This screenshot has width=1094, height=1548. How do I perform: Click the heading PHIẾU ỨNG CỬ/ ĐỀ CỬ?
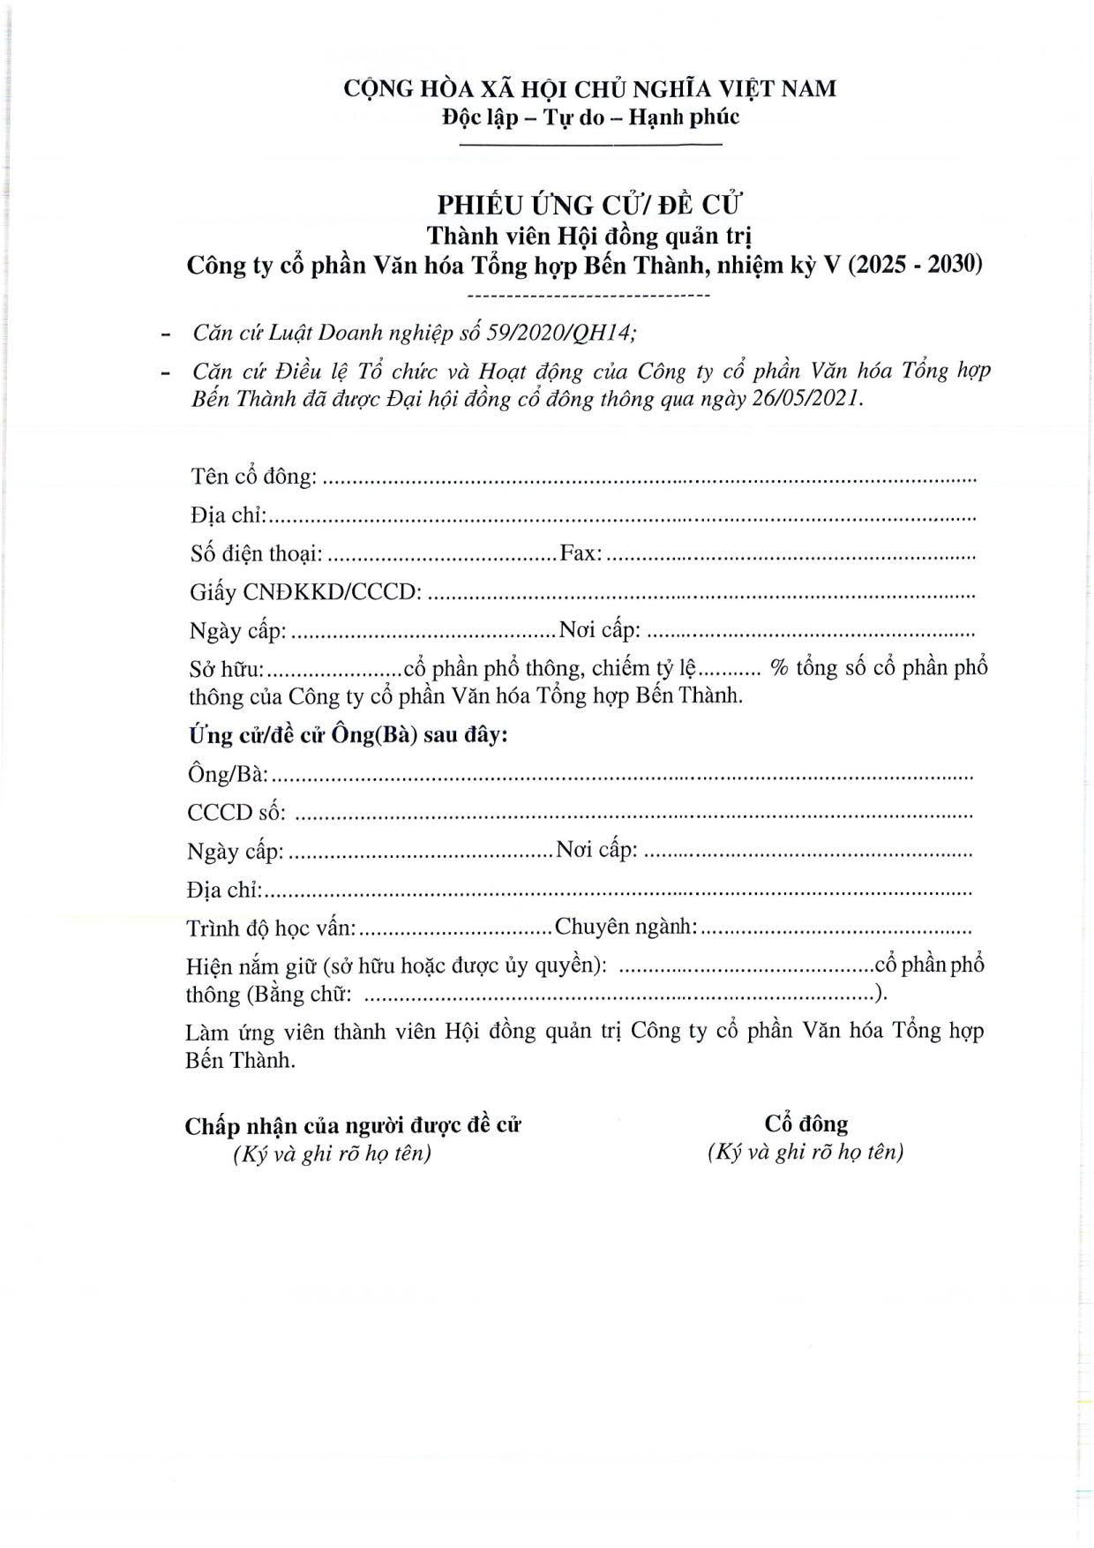point(590,205)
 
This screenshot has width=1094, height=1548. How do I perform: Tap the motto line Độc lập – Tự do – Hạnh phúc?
point(590,117)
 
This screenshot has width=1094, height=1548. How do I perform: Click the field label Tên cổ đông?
point(253,477)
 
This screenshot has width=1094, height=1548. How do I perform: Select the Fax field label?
point(581,553)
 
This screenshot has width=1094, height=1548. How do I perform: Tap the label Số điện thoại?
point(256,554)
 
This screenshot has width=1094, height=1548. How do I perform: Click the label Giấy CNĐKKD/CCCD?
point(304,592)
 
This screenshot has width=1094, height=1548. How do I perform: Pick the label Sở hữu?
point(226,669)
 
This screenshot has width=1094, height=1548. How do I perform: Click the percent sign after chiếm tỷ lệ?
point(779,668)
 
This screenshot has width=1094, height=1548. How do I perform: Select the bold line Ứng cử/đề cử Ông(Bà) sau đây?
point(348,735)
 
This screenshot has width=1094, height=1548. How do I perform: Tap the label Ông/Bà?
point(228,774)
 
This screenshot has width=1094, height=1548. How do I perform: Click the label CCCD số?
point(236,813)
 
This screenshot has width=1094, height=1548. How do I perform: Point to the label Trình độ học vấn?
point(271,928)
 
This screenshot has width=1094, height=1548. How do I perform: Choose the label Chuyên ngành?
point(626,927)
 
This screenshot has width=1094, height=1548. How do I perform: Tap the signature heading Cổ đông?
point(806,1123)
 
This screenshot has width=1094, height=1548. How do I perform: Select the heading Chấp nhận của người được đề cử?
point(353,1126)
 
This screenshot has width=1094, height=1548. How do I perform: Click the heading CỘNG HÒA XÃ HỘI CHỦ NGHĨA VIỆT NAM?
point(589,89)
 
